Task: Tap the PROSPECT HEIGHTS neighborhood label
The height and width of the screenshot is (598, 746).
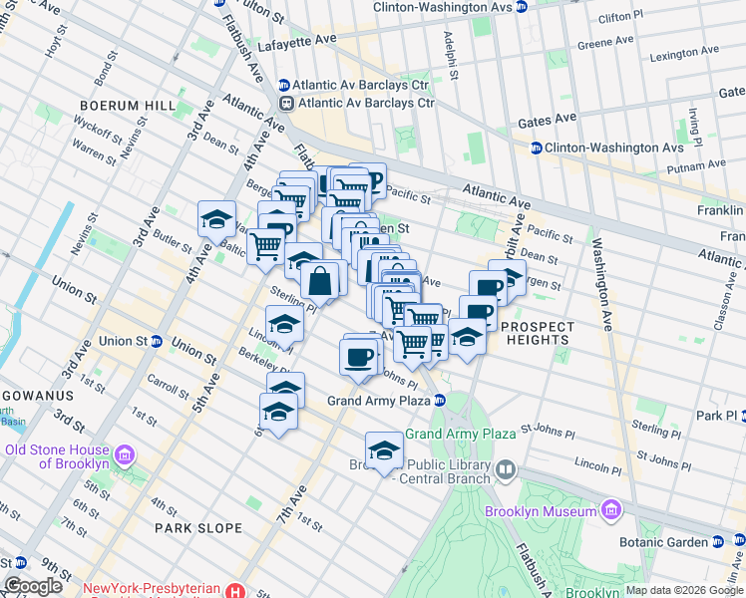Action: tap(538, 333)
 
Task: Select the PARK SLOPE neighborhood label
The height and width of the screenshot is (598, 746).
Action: tap(197, 527)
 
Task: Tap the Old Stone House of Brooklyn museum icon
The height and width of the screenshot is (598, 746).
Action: tap(125, 455)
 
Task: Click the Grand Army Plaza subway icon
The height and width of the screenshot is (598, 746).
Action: tap(439, 402)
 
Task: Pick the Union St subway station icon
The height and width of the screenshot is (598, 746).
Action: tap(157, 341)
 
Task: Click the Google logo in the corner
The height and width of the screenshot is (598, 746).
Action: tap(33, 586)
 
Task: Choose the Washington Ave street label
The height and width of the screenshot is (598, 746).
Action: tap(604, 284)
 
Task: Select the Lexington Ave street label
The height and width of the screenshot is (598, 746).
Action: tap(683, 56)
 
